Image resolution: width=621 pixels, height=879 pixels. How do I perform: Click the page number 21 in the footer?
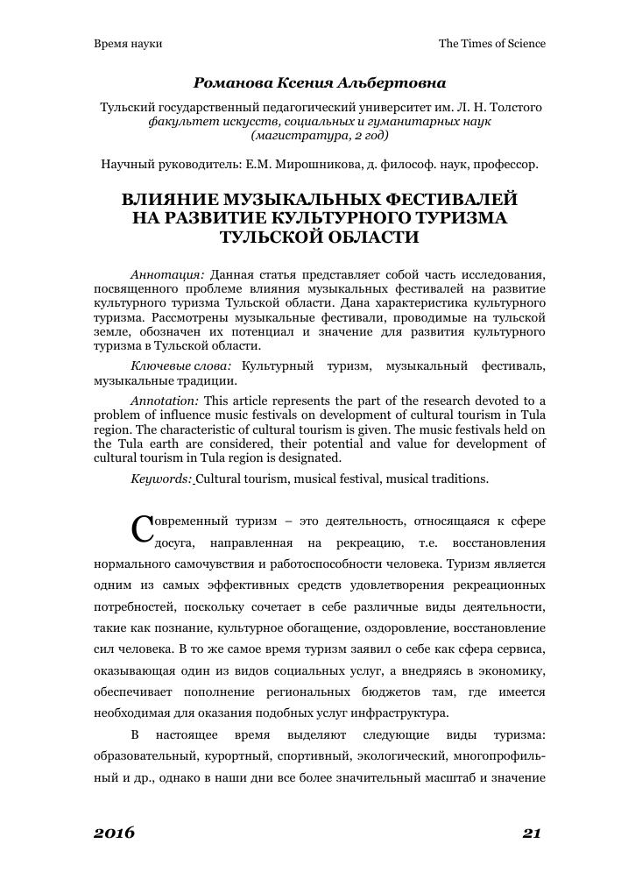[533, 833]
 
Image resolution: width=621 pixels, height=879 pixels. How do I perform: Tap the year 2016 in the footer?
[114, 833]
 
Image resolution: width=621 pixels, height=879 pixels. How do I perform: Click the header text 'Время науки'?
[128, 43]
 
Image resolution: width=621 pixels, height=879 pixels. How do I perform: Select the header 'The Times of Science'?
[491, 43]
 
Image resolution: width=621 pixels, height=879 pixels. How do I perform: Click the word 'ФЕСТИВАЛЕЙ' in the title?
[433, 200]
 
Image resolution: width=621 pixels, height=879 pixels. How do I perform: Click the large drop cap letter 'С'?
[141, 528]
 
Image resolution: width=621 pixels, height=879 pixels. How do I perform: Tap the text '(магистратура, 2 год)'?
[320, 136]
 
